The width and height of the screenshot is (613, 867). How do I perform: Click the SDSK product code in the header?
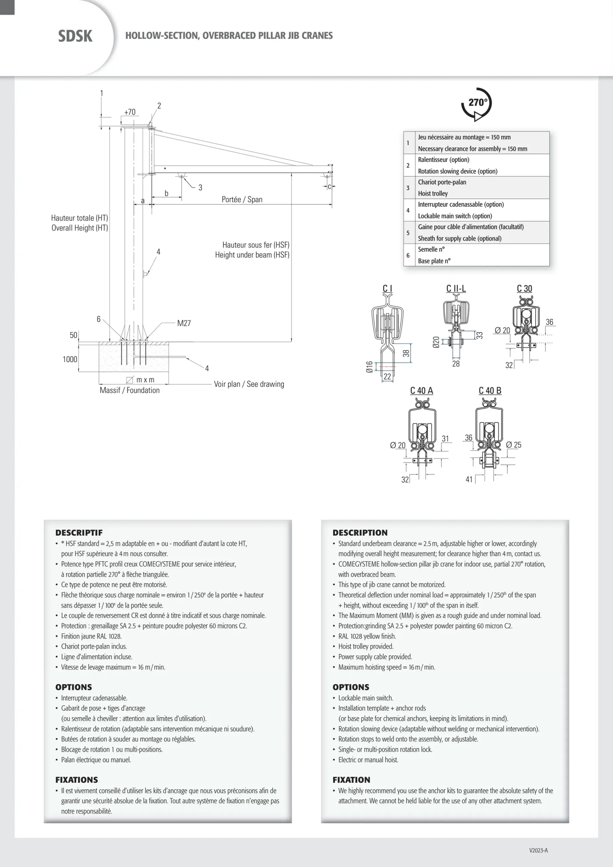75,36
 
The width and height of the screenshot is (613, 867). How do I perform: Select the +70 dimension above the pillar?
130,112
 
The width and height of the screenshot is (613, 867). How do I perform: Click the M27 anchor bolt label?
184,323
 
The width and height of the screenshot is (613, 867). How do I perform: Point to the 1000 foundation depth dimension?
70,359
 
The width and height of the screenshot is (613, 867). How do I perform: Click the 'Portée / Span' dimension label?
242,199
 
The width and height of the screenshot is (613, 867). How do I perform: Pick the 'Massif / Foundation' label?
130,390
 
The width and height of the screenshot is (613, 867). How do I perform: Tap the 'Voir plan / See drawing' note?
249,384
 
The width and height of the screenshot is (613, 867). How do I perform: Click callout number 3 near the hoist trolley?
200,188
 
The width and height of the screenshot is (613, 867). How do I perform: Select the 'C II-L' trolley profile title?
456,289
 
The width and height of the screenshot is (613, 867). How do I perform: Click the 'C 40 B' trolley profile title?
490,390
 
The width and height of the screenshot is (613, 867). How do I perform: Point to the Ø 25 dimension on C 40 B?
513,445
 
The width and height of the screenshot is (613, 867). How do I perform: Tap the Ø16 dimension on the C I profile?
369,367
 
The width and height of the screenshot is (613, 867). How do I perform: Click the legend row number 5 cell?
408,233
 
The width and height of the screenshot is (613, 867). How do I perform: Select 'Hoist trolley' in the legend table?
433,193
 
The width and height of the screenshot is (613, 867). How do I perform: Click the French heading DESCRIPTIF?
79,532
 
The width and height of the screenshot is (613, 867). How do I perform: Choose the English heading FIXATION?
351,780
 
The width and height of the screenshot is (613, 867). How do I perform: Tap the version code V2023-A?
538,850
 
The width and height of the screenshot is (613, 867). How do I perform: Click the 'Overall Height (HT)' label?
80,228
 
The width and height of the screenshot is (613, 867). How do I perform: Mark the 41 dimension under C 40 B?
469,480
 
